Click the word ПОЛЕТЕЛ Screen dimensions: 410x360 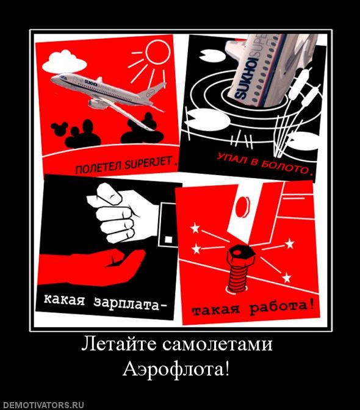click(97, 167)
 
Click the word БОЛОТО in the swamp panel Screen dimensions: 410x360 click(287, 168)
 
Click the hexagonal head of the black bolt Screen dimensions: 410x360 click(235, 254)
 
